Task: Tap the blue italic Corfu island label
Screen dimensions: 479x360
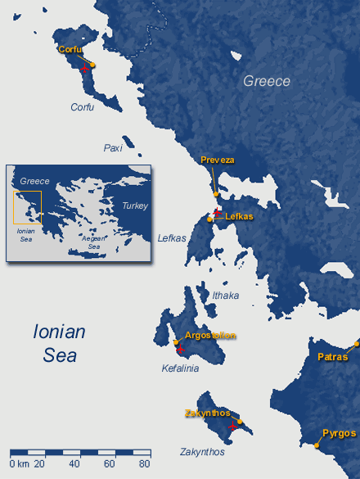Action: point(82,107)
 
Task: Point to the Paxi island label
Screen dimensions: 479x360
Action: point(112,147)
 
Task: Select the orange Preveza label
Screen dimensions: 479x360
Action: point(217,160)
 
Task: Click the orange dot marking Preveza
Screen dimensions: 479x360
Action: point(216,194)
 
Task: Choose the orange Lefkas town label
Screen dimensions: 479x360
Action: point(239,217)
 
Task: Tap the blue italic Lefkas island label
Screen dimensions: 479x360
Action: point(171,237)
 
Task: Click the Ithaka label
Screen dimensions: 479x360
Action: point(225,295)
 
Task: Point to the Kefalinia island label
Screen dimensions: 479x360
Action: point(180,368)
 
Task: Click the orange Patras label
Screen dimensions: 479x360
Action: point(333,357)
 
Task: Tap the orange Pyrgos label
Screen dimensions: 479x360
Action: point(339,432)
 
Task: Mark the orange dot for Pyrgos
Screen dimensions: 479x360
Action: point(317,445)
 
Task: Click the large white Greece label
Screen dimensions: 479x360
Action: point(266,81)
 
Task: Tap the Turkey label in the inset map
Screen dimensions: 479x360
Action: point(134,206)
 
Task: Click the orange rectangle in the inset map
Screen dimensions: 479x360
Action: point(26,207)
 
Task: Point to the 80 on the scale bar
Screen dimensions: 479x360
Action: point(144,464)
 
